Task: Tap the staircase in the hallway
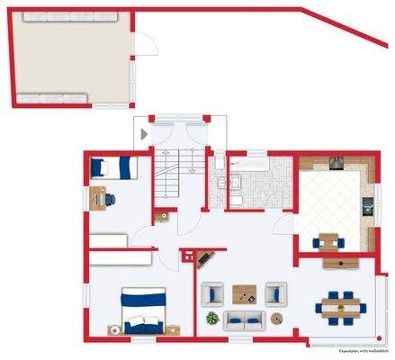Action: [168, 178]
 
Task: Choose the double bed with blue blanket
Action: [143, 310]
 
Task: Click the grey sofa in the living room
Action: [244, 319]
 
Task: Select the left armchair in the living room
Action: [213, 293]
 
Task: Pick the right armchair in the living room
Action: [275, 293]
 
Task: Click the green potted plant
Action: [212, 319]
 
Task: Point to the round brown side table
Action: [277, 319]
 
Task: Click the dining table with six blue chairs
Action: [340, 306]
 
